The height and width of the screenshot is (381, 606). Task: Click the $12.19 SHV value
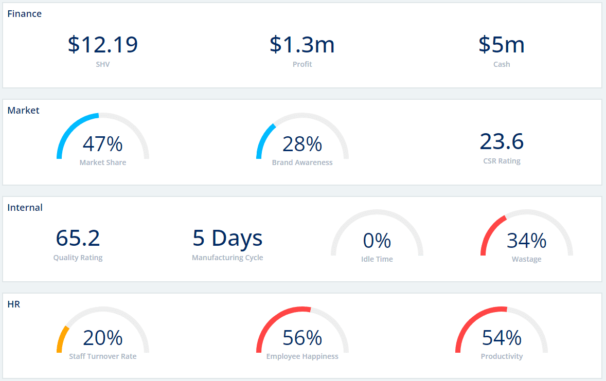tap(103, 45)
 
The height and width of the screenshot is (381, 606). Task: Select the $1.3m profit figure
tap(302, 45)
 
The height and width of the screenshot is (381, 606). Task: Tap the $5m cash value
tap(502, 45)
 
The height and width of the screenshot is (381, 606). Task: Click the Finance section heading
tap(24, 14)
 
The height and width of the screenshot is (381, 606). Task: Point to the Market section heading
tap(23, 111)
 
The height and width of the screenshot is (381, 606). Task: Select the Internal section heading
tap(25, 208)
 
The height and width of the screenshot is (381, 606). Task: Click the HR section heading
tap(14, 304)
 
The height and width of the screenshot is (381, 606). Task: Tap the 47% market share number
tap(103, 144)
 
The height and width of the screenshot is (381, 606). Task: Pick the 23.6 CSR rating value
tap(502, 141)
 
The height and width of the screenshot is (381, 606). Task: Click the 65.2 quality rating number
tap(78, 238)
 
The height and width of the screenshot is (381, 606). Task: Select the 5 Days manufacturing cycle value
tap(227, 238)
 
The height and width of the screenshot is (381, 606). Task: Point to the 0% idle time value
tap(377, 241)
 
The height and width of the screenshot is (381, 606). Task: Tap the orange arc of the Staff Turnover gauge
tap(61, 339)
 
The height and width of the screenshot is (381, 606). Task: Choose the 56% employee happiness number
tap(302, 338)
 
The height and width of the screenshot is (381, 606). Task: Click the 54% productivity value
tap(502, 338)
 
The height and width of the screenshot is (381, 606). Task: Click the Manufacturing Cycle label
tap(227, 258)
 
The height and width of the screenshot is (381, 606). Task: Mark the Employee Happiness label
tap(302, 356)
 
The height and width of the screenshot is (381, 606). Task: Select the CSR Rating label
tap(502, 161)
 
